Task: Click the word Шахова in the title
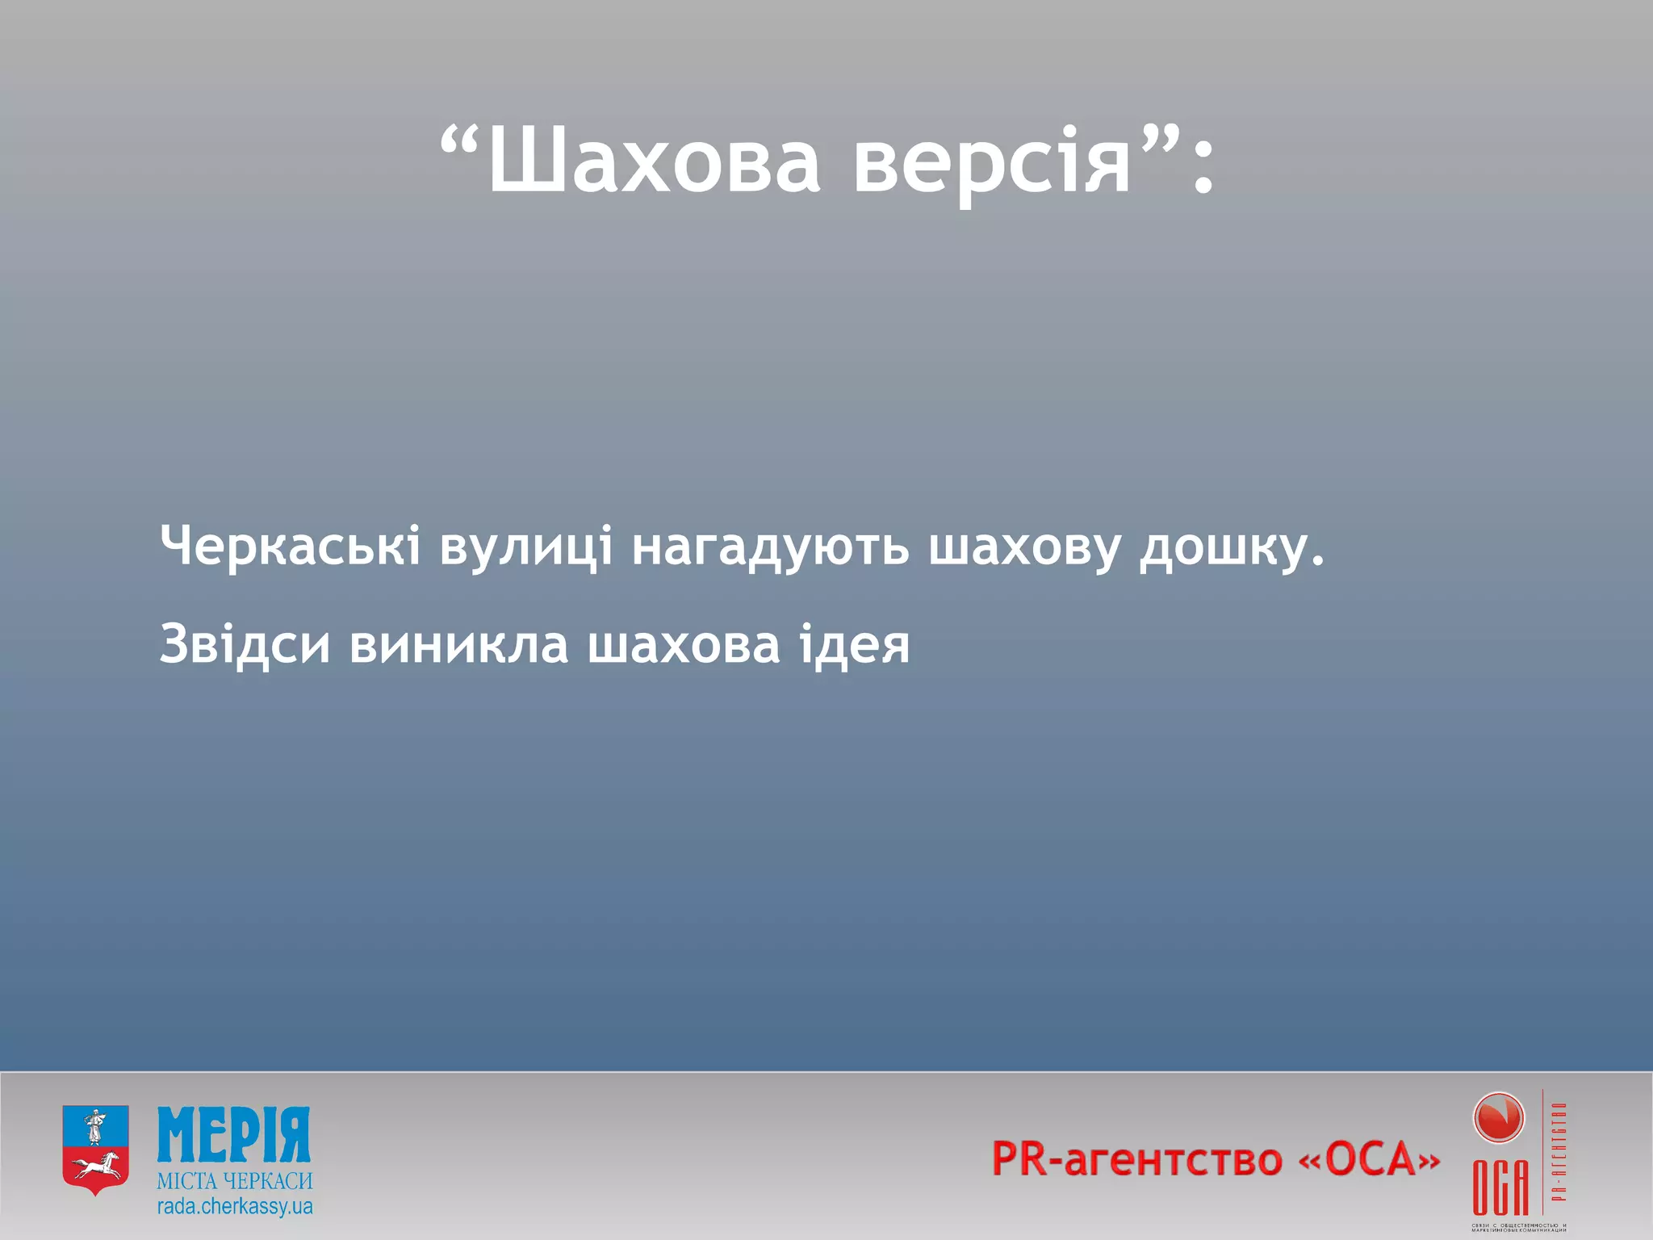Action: [x=654, y=161]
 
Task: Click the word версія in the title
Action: [x=992, y=161]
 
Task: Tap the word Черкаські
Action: [x=290, y=546]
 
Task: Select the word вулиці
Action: [x=525, y=547]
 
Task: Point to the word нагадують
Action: [x=770, y=547]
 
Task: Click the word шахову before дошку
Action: [x=1023, y=547]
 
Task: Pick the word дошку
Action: [x=1230, y=547]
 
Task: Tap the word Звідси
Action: [x=245, y=644]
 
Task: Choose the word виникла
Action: [x=458, y=644]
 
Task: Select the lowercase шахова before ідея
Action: [x=683, y=644]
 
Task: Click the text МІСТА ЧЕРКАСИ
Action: [x=234, y=1181]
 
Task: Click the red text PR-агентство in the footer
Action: [x=1136, y=1159]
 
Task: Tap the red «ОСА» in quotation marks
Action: [x=1369, y=1159]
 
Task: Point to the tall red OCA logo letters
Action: [x=1500, y=1187]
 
